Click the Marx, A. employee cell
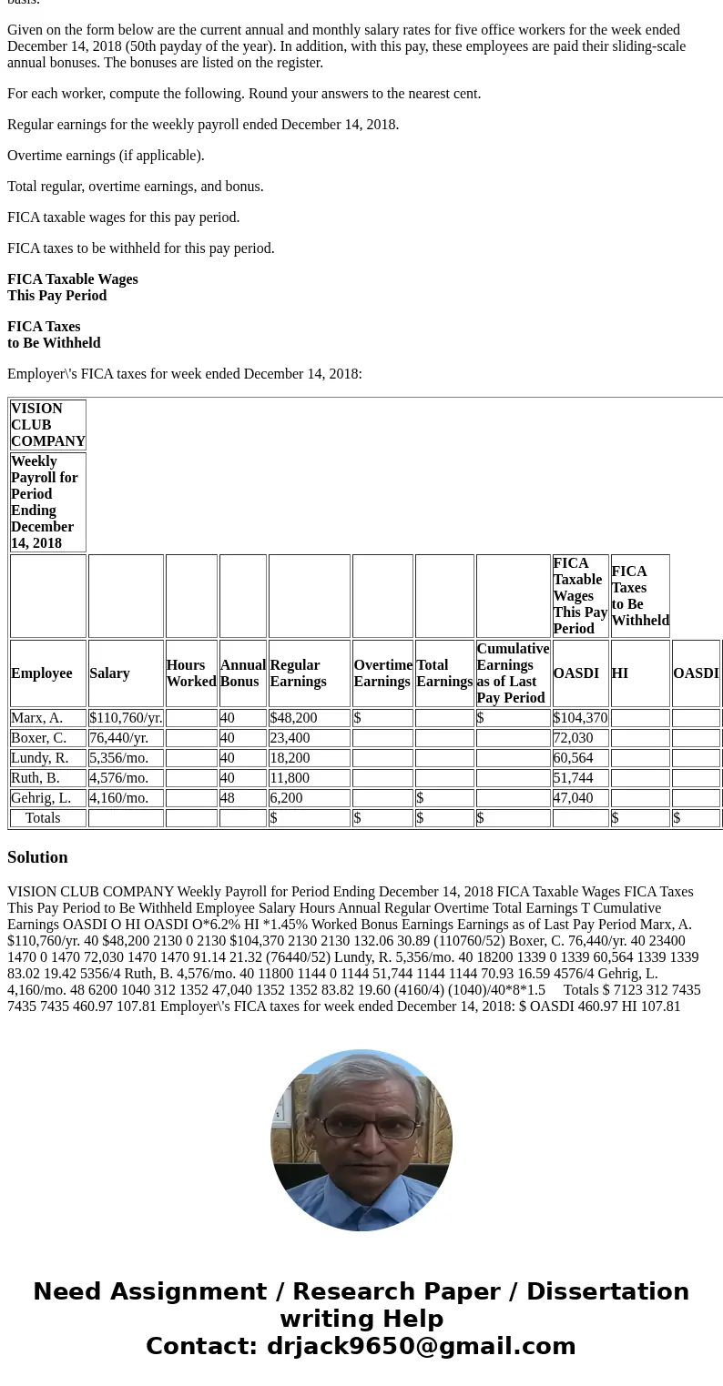[x=37, y=718]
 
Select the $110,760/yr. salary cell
[x=126, y=718]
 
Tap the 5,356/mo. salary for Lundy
[x=119, y=758]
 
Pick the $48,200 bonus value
[x=294, y=718]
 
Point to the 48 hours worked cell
[x=228, y=798]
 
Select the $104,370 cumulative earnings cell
[x=580, y=718]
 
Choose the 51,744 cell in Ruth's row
[x=573, y=778]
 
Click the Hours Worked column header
[x=191, y=673]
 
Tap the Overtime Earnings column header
[x=382, y=673]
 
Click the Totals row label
[x=43, y=818]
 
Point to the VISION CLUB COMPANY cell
[x=48, y=425]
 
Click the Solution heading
[x=37, y=857]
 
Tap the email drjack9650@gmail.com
[x=421, y=1347]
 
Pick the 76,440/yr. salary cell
[x=119, y=738]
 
